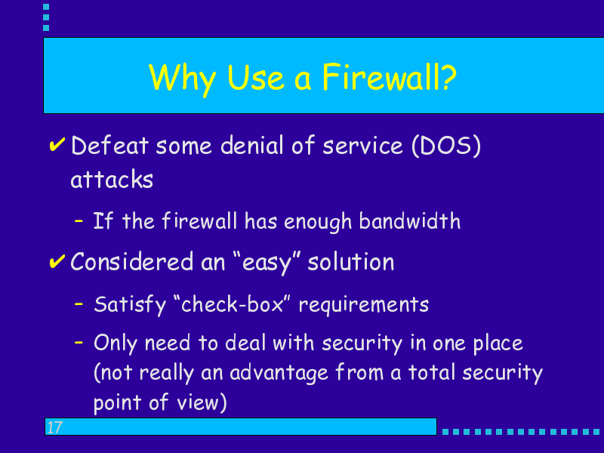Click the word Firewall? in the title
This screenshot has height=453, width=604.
tap(389, 77)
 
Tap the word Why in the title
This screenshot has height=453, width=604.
tap(182, 79)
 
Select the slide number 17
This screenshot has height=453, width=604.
tap(54, 427)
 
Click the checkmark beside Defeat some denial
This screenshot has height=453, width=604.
tap(57, 145)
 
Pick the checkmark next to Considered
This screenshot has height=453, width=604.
tap(57, 261)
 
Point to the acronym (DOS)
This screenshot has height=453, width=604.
tap(446, 146)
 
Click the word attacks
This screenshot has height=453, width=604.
tap(112, 179)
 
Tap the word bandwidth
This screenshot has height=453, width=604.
tap(409, 220)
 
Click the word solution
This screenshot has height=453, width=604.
tap(351, 261)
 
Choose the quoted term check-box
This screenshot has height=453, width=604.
tap(232, 304)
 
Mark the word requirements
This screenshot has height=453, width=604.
tap(364, 305)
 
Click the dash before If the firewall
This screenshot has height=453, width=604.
tap(79, 220)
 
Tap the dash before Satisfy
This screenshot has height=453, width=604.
tap(79, 304)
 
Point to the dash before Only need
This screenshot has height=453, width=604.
tap(79, 342)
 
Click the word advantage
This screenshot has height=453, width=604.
tap(279, 373)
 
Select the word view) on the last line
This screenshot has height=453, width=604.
tap(202, 402)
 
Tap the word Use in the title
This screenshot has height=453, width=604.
tap(256, 79)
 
